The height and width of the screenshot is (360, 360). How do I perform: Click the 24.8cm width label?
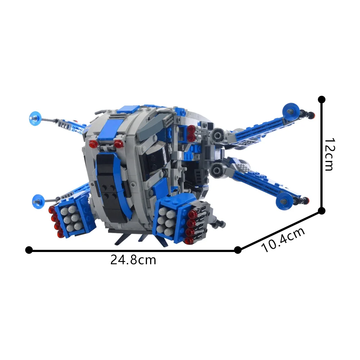point(133,260)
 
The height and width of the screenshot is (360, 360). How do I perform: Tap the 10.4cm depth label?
point(283,240)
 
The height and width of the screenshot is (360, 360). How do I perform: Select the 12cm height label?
point(329,155)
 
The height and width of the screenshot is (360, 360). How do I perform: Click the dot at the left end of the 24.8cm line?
point(29,250)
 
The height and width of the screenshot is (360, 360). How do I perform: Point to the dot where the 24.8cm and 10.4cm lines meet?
point(238,250)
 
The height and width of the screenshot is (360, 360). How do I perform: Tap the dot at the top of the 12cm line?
point(322,99)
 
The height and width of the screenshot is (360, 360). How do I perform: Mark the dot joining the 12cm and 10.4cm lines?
point(322,211)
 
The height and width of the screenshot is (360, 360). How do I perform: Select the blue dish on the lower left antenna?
point(38,199)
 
